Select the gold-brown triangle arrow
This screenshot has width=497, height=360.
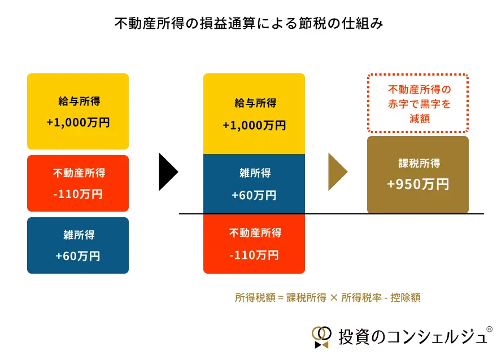pyautogui.click(x=337, y=172)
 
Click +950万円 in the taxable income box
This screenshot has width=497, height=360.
pyautogui.click(x=418, y=184)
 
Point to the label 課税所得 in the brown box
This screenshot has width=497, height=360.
pyautogui.click(x=418, y=164)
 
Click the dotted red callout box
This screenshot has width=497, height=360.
pyautogui.click(x=418, y=104)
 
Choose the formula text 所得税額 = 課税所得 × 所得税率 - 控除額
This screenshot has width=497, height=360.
pyautogui.click(x=328, y=298)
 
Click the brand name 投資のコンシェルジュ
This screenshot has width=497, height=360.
pyautogui.click(x=411, y=337)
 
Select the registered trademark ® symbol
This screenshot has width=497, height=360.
pyautogui.click(x=489, y=329)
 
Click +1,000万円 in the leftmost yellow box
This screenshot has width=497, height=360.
pyautogui.click(x=78, y=123)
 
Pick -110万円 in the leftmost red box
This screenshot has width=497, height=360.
pyautogui.click(x=78, y=194)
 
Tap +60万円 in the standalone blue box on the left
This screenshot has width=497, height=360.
pyautogui.click(x=78, y=256)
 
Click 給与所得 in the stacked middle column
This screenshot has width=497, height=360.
pyautogui.click(x=254, y=103)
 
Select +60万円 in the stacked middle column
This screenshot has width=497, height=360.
pyautogui.click(x=254, y=195)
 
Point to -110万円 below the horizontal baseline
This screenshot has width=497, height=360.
pyautogui.click(x=254, y=254)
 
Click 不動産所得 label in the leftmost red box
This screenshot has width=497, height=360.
pyautogui.click(x=78, y=173)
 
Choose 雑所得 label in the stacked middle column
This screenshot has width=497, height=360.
pyautogui.click(x=254, y=173)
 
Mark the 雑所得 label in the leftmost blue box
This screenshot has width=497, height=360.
pyautogui.click(x=78, y=235)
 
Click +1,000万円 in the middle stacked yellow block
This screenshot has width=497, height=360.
pyautogui.click(x=254, y=125)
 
